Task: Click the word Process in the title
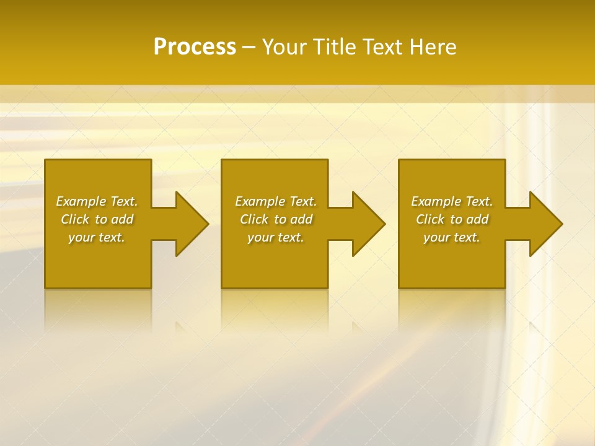click(195, 47)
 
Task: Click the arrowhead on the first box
click(190, 224)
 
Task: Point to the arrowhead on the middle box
click(366, 224)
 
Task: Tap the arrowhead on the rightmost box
click(544, 224)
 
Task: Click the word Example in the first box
click(81, 201)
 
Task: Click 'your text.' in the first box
click(97, 237)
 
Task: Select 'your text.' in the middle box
click(276, 237)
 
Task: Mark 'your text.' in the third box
click(452, 237)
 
